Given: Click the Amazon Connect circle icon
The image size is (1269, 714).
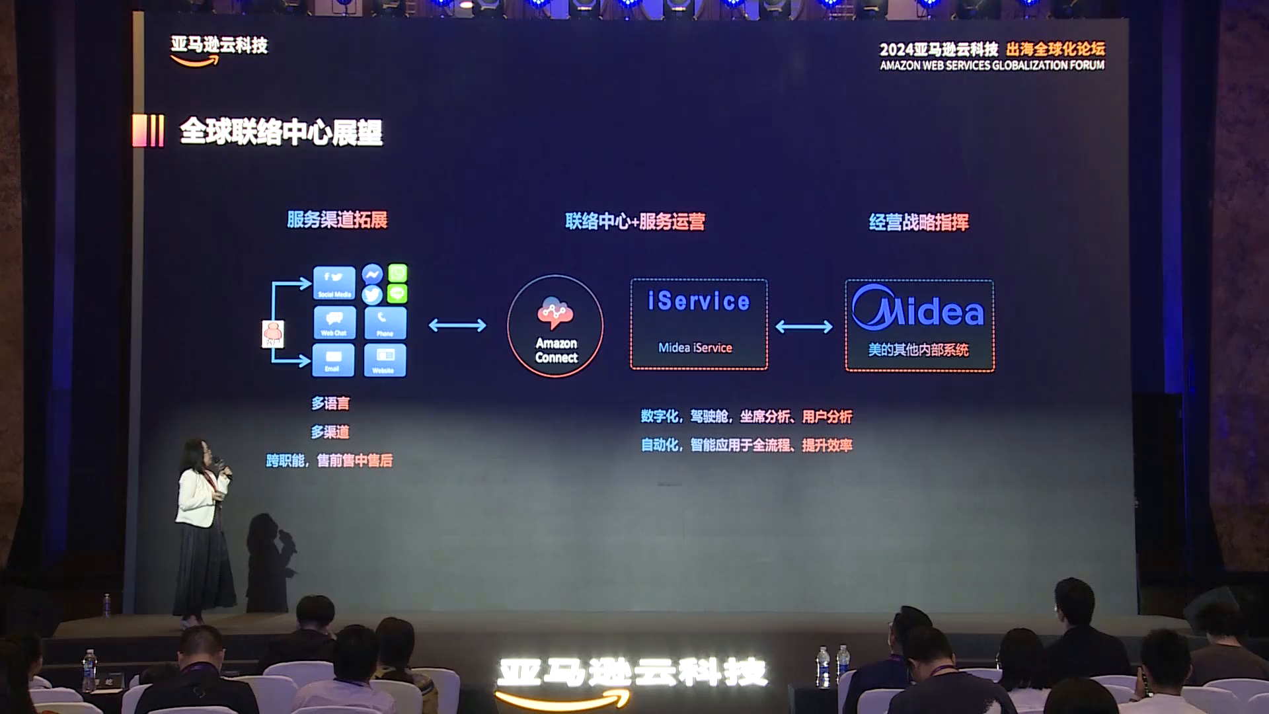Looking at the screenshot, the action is pos(555,326).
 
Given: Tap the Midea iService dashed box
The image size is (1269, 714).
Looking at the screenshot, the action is pos(699,324).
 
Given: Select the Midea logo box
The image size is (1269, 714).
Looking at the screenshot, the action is pos(919,325).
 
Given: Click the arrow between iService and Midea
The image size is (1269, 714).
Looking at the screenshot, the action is pos(804,327).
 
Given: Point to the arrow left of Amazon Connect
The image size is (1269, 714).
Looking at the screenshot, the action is pos(457,325).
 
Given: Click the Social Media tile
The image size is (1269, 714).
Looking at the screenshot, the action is pos(334,283).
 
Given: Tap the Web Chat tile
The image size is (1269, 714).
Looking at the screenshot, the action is pos(334,323).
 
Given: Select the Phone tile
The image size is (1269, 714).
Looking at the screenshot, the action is pos(385,323).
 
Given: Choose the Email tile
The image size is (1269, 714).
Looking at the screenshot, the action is pos(332,360).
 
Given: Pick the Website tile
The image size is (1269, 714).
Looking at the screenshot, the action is pos(385,360).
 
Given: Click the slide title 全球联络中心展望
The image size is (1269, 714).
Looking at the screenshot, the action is pos(281,132).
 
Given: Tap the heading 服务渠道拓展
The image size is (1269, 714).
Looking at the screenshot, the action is pos(337,219).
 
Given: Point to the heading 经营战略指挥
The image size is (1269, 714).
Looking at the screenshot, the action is pos(919,222).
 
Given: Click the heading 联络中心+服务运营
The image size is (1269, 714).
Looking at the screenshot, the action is pos(634,221).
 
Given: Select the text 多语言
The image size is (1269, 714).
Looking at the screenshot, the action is pos(330,403).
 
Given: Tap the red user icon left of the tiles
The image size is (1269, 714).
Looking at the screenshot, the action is pos(273,334).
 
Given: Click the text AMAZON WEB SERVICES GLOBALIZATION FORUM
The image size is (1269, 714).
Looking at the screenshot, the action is pos(992,65).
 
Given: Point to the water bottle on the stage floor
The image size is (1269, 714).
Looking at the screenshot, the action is pos(107,605).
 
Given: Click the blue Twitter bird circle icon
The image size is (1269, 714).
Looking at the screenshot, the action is pos(372,295).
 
